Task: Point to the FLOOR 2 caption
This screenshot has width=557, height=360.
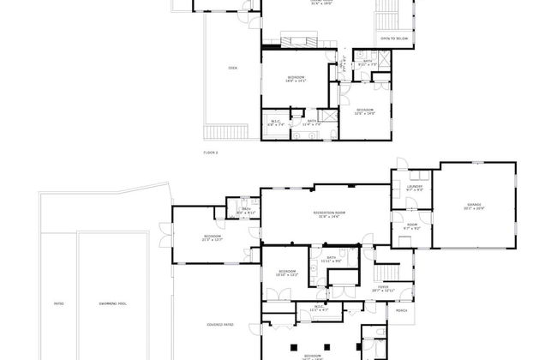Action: [211, 152]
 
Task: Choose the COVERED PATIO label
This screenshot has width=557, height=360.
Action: [221, 324]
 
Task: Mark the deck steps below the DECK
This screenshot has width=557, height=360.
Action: [225, 129]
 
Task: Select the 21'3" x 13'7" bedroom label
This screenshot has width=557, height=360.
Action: [213, 237]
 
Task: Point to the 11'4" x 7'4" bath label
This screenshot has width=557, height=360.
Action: [314, 123]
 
